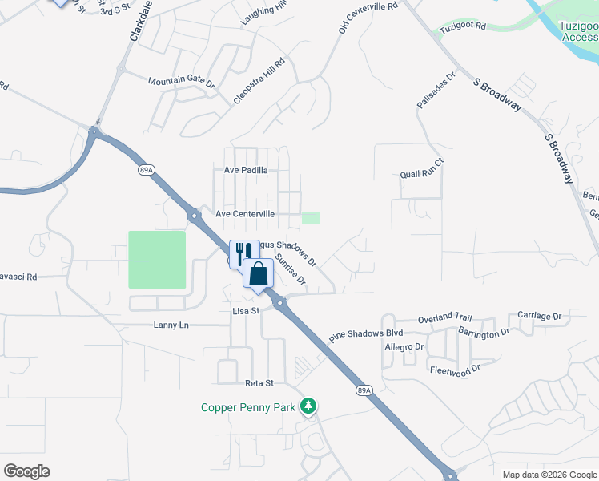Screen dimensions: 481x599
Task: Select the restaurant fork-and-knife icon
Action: [x=243, y=253]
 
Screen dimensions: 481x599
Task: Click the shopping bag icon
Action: [x=259, y=273]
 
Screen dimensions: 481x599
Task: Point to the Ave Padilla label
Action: [x=246, y=170]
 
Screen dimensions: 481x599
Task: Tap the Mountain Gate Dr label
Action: [x=182, y=82]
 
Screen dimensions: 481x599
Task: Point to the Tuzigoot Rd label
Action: [x=464, y=26]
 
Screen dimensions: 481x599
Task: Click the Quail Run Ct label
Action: [x=422, y=174]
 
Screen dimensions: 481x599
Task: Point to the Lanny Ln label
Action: [x=171, y=325]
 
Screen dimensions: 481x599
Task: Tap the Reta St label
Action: [x=259, y=383]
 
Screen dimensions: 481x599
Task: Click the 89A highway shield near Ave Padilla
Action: [x=145, y=170]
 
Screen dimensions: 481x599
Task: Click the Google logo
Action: [x=26, y=471]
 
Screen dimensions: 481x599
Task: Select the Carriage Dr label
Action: [x=540, y=316]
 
